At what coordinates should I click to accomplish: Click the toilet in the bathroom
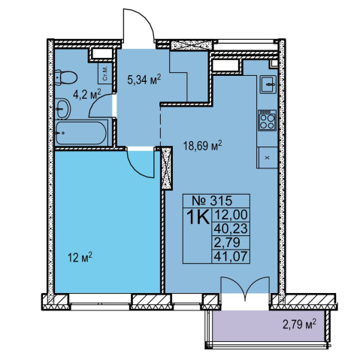coord(65,77)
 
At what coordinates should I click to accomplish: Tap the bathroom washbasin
coord(62,109)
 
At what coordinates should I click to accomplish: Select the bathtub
coord(81,132)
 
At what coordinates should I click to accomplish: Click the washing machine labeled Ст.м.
coord(104,73)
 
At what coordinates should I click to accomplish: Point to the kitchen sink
coord(268,84)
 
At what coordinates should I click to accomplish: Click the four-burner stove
coord(268,120)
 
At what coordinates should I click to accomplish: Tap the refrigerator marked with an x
coord(267,158)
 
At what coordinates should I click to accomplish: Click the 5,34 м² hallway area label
coord(144,80)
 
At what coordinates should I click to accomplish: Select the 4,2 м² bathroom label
coord(86,94)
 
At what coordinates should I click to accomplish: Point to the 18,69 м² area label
coord(203,145)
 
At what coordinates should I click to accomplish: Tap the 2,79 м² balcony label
coord(299,325)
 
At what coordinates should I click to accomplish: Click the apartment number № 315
coord(212,201)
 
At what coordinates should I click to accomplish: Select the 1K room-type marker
coord(198,217)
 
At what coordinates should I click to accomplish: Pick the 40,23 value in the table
coord(231,228)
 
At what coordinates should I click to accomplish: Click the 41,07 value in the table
coord(231,256)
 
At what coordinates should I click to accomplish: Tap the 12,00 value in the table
coord(231,215)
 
